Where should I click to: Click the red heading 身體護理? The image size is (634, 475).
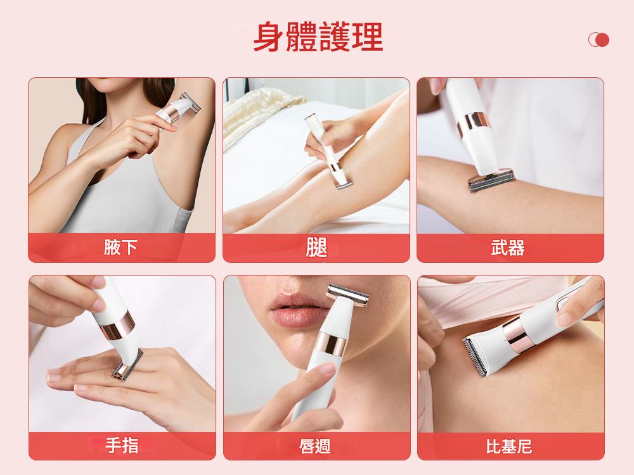coord(318,37)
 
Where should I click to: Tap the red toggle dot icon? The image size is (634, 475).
coord(599,39)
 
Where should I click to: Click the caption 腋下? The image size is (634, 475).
coord(120,247)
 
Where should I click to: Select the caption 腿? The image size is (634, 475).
coord(316,247)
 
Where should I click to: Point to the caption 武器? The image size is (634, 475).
coord(508,248)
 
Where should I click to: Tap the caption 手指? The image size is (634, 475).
coord(122,445)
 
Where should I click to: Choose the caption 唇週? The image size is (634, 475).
coord(315,446)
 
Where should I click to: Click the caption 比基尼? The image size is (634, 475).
coord(509,446)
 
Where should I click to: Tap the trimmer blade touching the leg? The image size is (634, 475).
coord(344,185)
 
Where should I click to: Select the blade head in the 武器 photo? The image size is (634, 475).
coord(492,180)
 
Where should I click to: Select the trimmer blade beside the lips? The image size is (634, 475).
coord(347,295)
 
